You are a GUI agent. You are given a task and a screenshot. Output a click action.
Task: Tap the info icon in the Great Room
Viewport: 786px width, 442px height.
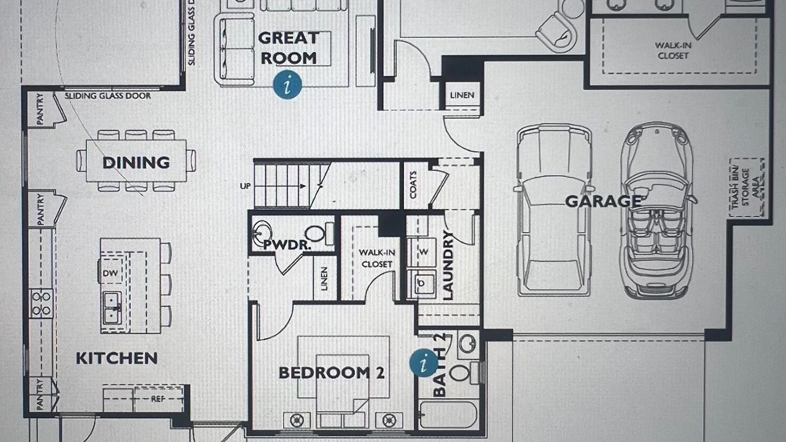287,85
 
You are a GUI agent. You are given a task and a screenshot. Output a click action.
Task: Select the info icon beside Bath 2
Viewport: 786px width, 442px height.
424,363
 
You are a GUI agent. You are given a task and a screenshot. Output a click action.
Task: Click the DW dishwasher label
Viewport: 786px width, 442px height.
110,273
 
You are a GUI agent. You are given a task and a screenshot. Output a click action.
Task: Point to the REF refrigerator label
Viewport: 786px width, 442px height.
158,399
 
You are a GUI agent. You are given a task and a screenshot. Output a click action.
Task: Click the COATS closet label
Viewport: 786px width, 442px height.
413,185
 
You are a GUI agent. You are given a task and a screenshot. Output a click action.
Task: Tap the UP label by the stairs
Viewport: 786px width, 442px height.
245,186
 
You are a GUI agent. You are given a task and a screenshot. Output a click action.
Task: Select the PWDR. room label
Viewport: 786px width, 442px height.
287,245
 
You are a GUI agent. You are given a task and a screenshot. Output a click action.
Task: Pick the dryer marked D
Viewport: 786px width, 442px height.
421,283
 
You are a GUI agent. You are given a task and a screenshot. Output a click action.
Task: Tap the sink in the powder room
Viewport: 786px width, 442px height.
262,232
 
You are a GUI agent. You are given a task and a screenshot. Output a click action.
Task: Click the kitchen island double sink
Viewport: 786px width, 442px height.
112,308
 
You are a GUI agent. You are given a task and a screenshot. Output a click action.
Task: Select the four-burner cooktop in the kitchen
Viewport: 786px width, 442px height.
41,303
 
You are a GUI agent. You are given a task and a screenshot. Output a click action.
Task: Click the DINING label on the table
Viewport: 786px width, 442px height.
136,163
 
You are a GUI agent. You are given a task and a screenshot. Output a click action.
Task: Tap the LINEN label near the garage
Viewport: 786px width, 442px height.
462,95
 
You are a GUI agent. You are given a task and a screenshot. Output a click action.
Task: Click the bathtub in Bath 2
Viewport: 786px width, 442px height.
448,415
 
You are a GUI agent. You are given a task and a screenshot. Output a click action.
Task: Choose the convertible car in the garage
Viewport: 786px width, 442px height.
657,211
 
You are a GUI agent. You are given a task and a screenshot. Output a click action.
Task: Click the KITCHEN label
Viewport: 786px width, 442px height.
117,359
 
